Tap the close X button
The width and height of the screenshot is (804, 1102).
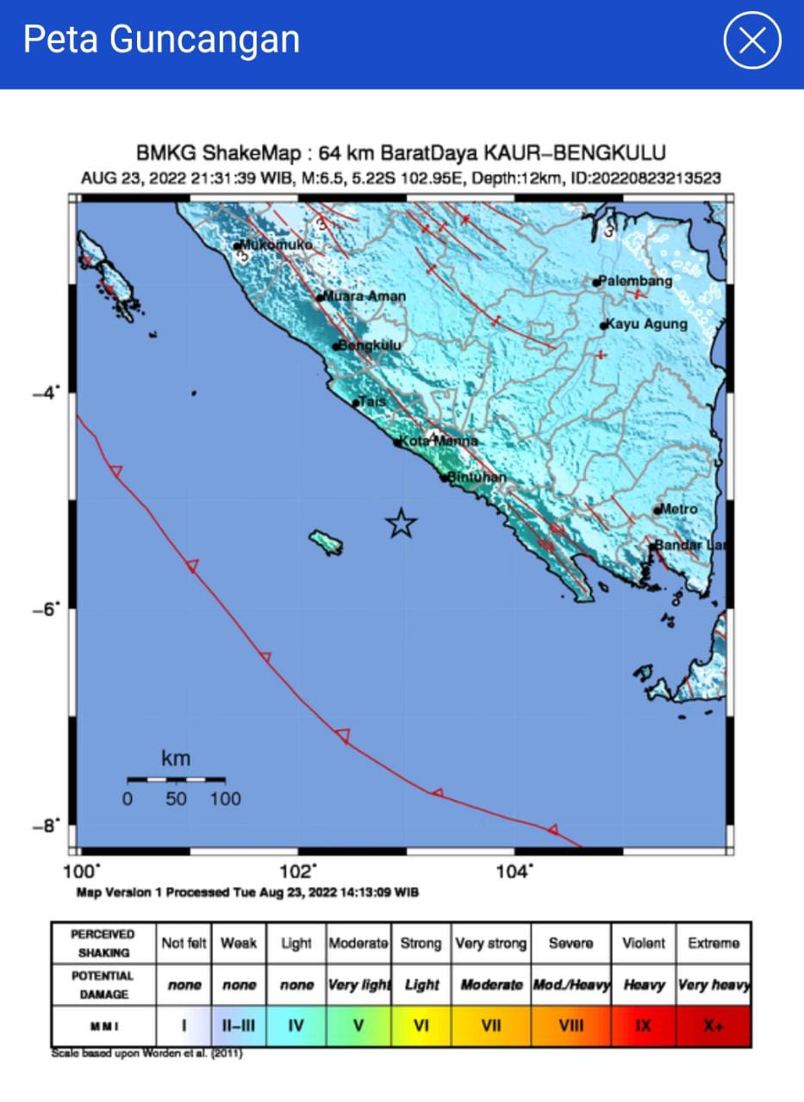click(x=752, y=40)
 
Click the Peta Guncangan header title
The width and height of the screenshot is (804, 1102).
click(x=161, y=40)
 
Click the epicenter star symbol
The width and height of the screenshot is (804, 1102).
click(x=401, y=523)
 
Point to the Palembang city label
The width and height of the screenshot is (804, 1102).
click(x=635, y=282)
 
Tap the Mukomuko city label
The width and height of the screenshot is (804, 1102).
click(x=276, y=245)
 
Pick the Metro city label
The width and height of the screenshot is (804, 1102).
click(x=679, y=509)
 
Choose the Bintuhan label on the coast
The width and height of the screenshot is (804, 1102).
click(x=477, y=477)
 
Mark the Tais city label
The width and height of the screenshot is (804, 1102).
click(x=372, y=402)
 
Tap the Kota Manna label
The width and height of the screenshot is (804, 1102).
click(x=439, y=442)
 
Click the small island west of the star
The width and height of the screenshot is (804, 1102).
click(x=327, y=542)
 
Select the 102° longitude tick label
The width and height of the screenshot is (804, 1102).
click(x=301, y=871)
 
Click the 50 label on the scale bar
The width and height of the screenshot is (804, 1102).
click(x=176, y=799)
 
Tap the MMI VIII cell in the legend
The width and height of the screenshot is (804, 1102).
click(x=570, y=1026)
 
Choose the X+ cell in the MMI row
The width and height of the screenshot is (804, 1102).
click(x=713, y=1026)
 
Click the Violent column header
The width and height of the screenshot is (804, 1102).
click(x=643, y=944)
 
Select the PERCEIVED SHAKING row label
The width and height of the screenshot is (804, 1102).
click(x=103, y=944)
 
